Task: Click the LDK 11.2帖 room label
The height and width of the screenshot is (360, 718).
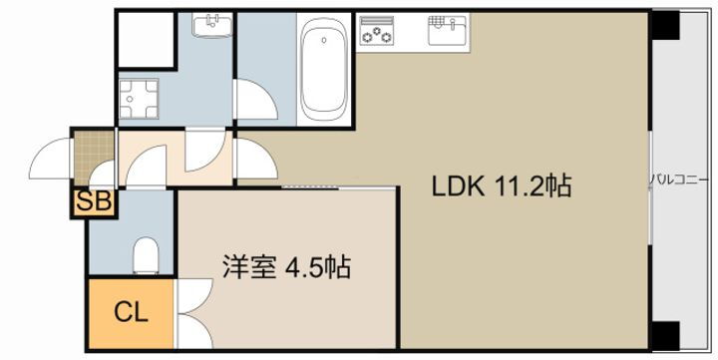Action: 501,185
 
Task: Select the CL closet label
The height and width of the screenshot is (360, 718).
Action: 130,312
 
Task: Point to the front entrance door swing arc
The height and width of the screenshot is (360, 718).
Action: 52,159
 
